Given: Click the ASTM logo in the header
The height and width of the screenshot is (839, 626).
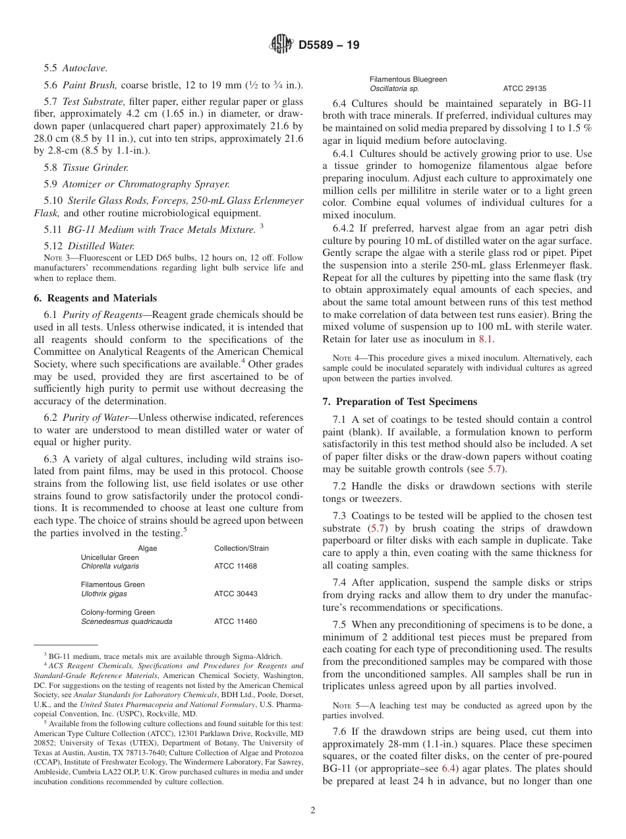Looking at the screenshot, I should pyautogui.click(x=282, y=46).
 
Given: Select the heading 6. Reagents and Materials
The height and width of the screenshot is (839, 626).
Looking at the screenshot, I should pyautogui.click(x=95, y=298).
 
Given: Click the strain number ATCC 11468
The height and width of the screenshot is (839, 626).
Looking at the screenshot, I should pyautogui.click(x=235, y=567).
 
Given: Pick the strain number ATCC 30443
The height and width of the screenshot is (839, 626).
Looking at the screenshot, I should pyautogui.click(x=235, y=594).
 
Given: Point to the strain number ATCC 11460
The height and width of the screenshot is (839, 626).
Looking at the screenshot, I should pyautogui.click(x=235, y=621).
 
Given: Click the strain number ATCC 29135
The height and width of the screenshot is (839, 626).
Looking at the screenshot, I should pyautogui.click(x=524, y=88).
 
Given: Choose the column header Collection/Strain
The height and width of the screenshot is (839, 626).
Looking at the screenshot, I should pyautogui.click(x=241, y=548).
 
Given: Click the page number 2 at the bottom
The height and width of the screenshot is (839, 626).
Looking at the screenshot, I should pyautogui.click(x=313, y=811).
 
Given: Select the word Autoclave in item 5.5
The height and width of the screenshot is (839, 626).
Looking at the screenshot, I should pyautogui.click(x=85, y=68).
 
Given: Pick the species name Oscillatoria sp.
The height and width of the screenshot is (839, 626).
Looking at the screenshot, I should pyautogui.click(x=394, y=88).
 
